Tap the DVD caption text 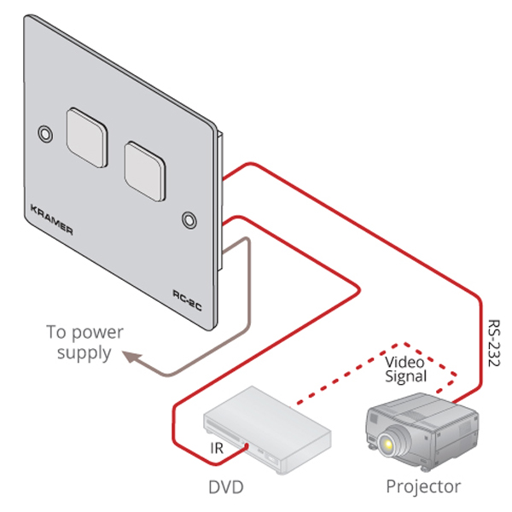pos(226,487)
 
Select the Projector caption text pos(423,486)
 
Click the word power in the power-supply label pos(96,332)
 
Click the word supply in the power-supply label pos(84,352)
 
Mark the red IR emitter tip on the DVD pos(247,445)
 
